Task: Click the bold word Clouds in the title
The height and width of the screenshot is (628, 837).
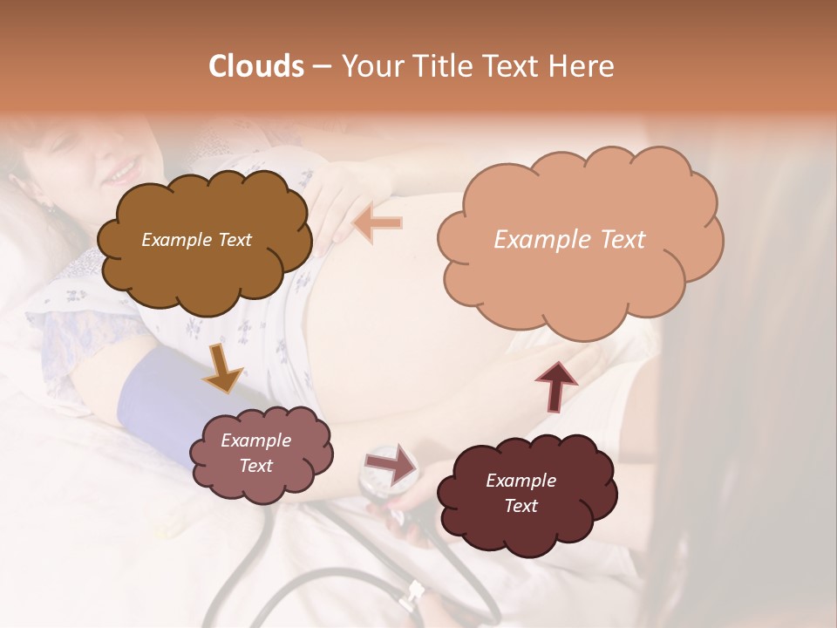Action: pyautogui.click(x=256, y=66)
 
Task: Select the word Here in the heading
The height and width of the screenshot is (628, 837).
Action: pyautogui.click(x=582, y=66)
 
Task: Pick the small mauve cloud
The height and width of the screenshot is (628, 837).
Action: pyautogui.click(x=266, y=454)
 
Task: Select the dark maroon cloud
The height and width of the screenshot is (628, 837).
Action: pyautogui.click(x=527, y=493)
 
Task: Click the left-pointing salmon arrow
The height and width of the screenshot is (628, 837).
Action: pyautogui.click(x=377, y=224)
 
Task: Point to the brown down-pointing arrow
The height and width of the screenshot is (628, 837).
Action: pyautogui.click(x=222, y=368)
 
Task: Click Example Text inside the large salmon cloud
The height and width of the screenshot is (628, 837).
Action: pyautogui.click(x=569, y=240)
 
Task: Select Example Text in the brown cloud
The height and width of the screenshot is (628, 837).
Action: pyautogui.click(x=196, y=240)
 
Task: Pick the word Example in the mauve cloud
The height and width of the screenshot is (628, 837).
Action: pyautogui.click(x=255, y=440)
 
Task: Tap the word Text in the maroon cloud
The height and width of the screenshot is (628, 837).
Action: pyautogui.click(x=521, y=506)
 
